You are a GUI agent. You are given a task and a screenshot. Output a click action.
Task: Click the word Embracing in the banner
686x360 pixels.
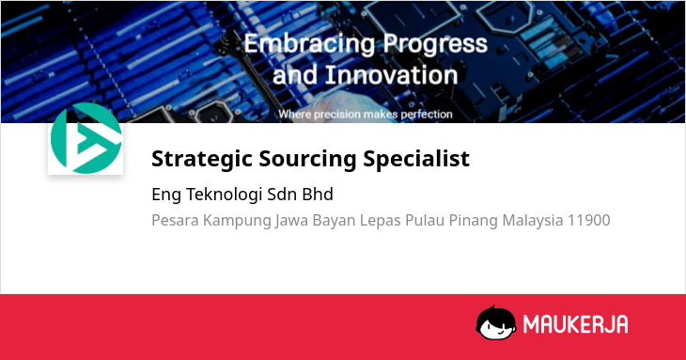(309, 44)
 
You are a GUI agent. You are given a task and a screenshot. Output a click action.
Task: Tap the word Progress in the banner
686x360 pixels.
(435, 44)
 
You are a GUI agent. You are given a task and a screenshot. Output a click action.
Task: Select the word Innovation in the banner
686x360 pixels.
(391, 75)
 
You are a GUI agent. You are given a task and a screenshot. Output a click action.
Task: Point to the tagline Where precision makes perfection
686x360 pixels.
(366, 115)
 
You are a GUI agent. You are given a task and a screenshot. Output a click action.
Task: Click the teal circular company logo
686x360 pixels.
(86, 138)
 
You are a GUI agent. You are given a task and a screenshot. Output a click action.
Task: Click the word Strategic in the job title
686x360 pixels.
(201, 159)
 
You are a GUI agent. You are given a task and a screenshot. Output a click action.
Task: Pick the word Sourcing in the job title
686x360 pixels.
(307, 159)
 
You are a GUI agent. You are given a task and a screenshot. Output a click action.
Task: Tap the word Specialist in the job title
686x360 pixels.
(416, 159)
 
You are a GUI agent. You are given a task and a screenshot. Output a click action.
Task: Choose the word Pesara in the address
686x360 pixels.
(175, 220)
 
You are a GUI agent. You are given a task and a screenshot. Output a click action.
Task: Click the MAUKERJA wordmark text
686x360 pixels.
(576, 324)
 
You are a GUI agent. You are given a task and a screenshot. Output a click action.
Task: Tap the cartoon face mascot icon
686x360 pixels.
(495, 322)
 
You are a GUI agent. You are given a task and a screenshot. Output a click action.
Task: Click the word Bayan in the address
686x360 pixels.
(334, 221)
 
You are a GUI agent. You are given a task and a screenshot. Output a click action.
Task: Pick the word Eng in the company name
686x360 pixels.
(166, 195)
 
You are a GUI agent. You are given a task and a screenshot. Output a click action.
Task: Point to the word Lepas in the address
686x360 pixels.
(381, 221)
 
